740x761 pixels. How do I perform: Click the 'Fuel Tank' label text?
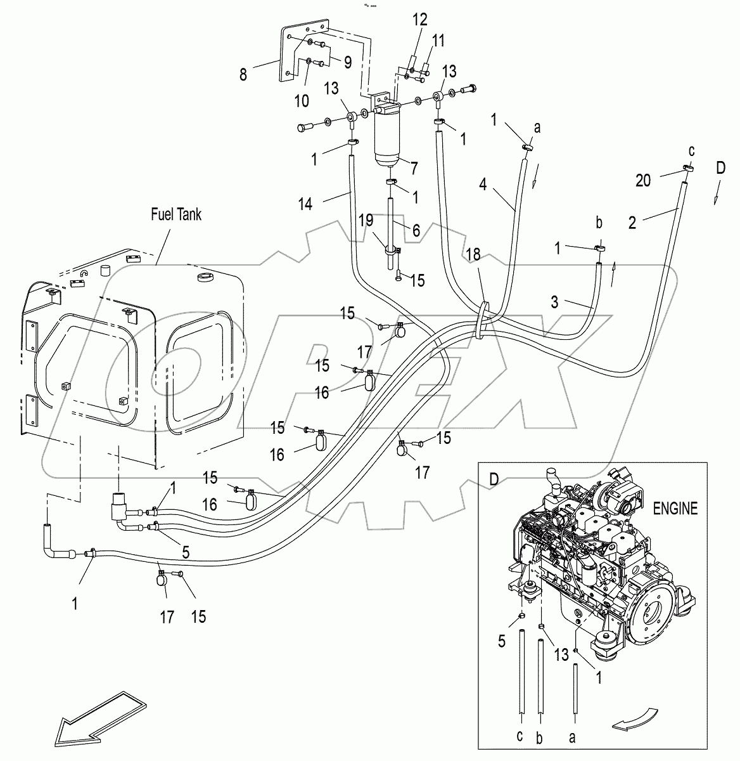[x=175, y=214]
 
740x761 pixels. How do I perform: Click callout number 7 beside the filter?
[x=414, y=168]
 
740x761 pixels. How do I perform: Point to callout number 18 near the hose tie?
[x=473, y=254]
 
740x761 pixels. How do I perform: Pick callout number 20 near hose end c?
[x=642, y=181]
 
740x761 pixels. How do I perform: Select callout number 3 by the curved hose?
[x=554, y=302]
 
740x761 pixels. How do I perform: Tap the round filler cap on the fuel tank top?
[x=206, y=277]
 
